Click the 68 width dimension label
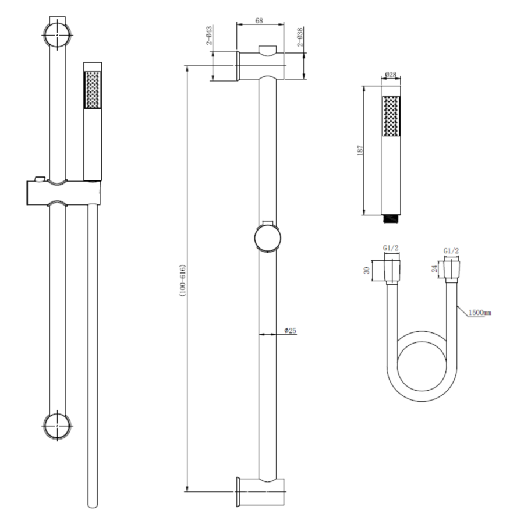259,21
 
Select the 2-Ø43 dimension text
209,36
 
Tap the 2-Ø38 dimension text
300,37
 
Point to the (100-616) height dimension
182,280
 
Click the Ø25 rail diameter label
291,331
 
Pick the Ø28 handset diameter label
390,75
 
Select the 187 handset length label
360,150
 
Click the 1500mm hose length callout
480,313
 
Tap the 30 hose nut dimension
367,270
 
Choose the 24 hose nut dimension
434,268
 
